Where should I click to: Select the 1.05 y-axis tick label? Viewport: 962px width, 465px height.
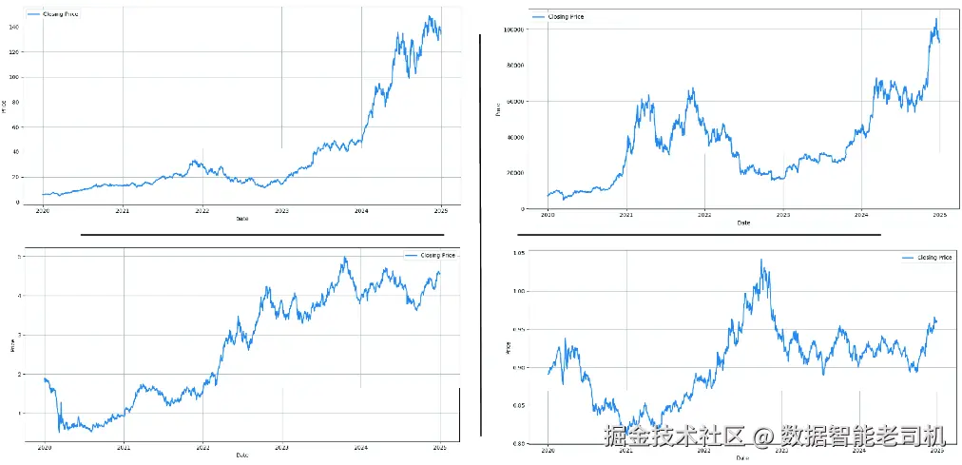(518, 253)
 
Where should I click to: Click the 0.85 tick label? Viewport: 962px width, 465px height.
(518, 405)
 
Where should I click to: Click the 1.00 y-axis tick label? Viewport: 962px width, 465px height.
(518, 291)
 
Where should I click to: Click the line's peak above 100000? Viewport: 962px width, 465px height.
(935, 19)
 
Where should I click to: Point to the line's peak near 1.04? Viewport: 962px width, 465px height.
(760, 260)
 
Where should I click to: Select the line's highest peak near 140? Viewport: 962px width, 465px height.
(430, 16)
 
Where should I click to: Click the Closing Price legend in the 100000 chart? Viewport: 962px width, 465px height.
(560, 17)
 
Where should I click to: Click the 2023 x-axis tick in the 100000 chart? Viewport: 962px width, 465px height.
(782, 216)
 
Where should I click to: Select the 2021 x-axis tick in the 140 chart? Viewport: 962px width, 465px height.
(123, 211)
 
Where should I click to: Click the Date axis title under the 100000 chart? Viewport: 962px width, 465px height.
(743, 223)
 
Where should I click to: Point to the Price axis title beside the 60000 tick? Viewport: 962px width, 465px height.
(499, 110)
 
